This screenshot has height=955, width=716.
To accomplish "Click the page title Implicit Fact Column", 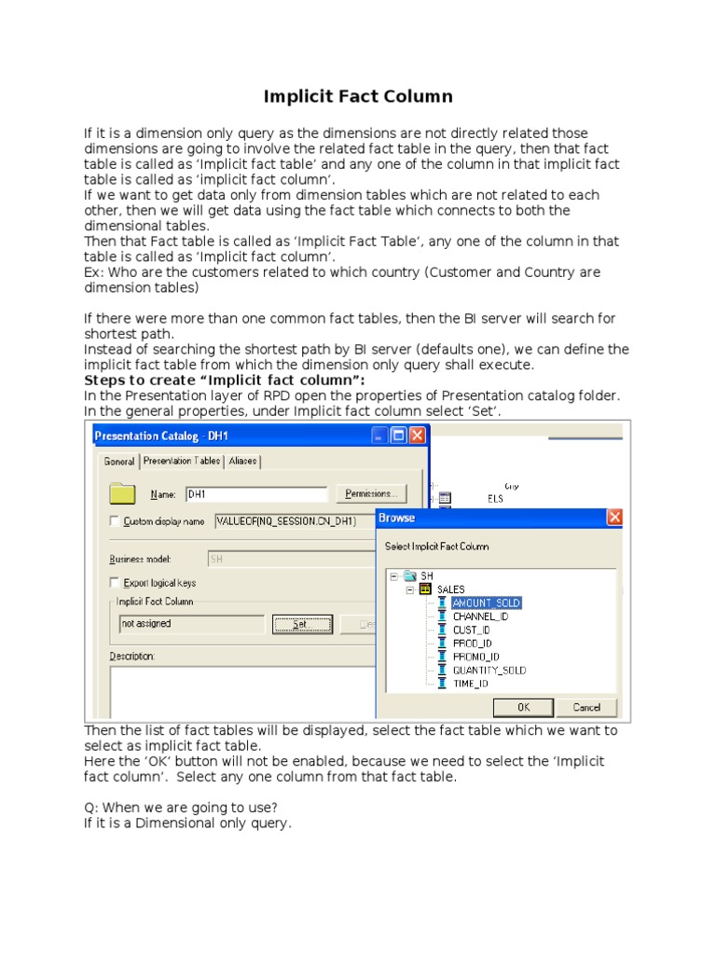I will pos(358,96).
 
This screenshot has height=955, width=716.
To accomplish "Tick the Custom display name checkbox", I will pos(115,521).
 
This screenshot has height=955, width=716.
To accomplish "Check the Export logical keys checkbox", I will pos(115,582).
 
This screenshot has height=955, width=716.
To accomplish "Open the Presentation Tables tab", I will pos(182,461).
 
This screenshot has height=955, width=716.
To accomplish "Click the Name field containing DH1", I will pos(256,494).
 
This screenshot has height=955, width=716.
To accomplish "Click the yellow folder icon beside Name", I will pos(123,493).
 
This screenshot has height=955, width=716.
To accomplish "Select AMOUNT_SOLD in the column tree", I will pos(486,603).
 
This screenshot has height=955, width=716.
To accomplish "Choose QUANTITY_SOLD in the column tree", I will pos(489,670).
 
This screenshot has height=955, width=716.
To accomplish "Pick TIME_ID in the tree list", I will pos(470,684).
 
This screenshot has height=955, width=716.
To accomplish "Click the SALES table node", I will pos(450,589).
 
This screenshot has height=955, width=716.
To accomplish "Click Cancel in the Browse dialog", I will pos(586,707).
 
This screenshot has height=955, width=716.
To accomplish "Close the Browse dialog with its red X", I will pos(614,518).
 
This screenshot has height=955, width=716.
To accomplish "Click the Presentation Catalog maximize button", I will pos(398,436).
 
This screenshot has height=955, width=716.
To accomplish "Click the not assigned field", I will pos(191,623).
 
